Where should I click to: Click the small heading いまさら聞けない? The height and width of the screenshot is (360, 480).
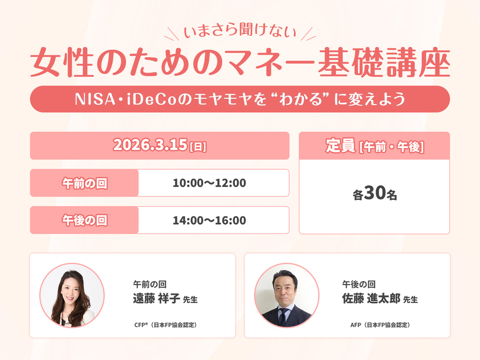[x=241, y=33]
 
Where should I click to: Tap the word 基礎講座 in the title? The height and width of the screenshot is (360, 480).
[x=395, y=64]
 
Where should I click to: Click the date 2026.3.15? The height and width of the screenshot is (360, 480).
[x=150, y=145]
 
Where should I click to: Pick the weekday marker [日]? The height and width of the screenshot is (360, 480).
[x=198, y=147]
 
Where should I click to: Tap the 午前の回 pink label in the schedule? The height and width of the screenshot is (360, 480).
[x=84, y=183]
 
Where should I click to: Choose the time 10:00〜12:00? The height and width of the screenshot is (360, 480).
[x=209, y=183]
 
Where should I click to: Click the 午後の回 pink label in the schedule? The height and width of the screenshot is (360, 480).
[x=84, y=220]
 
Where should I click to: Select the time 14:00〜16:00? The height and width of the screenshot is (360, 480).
[x=209, y=220]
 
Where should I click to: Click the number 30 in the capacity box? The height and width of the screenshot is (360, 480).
[x=376, y=195]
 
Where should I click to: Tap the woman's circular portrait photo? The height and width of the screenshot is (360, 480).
[x=72, y=295]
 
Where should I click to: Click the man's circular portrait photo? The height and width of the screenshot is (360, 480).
[x=286, y=295]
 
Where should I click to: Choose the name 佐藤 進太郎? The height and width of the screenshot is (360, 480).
[x=370, y=299]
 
